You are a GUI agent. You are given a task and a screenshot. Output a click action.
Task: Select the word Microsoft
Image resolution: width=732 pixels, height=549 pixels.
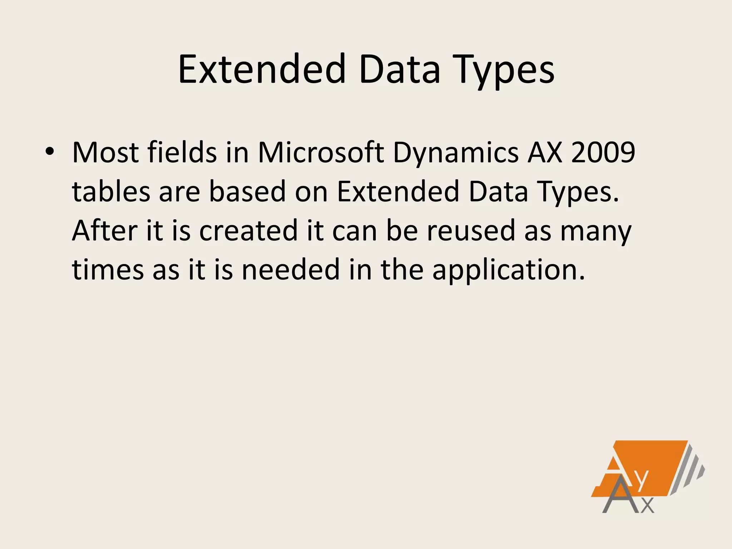click(x=321, y=153)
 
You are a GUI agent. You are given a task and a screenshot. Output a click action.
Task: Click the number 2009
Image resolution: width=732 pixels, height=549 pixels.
click(x=603, y=153)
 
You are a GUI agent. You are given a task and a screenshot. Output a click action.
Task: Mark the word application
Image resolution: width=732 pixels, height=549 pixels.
click(x=508, y=271)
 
